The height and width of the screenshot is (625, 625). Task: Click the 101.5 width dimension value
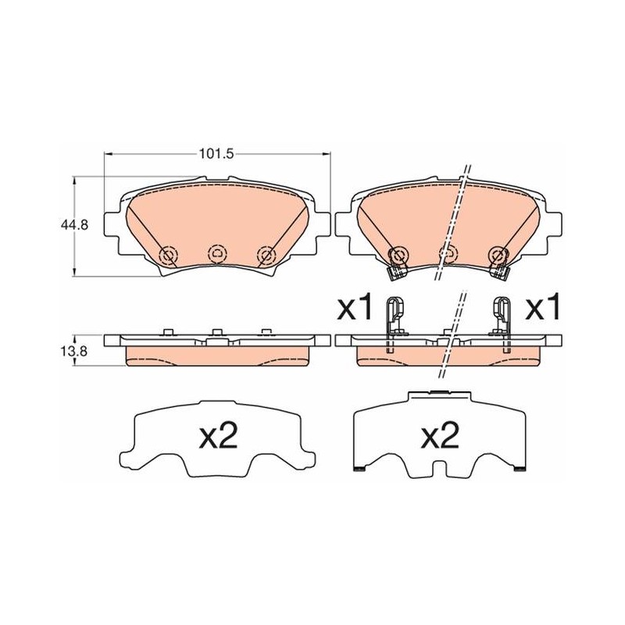tap(216, 154)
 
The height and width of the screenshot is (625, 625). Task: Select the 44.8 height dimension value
tap(74, 225)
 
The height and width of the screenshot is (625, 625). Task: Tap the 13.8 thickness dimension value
tap(74, 351)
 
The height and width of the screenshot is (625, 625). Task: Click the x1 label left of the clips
tap(354, 307)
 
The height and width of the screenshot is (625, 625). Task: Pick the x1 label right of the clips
tap(542, 307)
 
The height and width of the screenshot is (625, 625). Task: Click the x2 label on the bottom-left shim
tap(219, 435)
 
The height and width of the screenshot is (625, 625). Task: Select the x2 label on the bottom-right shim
tap(440, 435)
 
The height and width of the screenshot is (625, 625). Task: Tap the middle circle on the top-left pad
tap(217, 253)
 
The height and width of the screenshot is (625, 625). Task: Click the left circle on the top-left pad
tap(168, 255)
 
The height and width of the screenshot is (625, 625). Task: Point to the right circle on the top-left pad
tap(266, 255)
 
